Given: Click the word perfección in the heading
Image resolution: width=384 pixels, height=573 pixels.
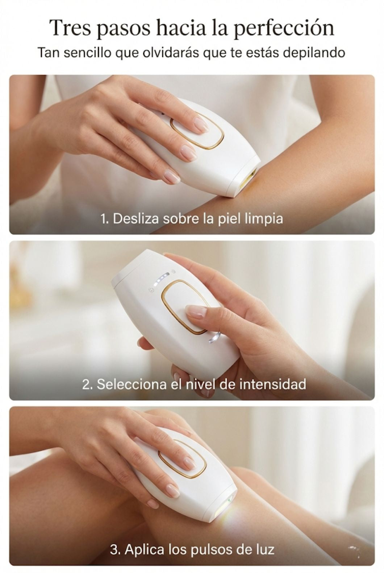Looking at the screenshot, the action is click(x=284, y=28).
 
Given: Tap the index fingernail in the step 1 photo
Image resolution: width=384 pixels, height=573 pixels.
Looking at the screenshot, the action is click(x=200, y=125).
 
